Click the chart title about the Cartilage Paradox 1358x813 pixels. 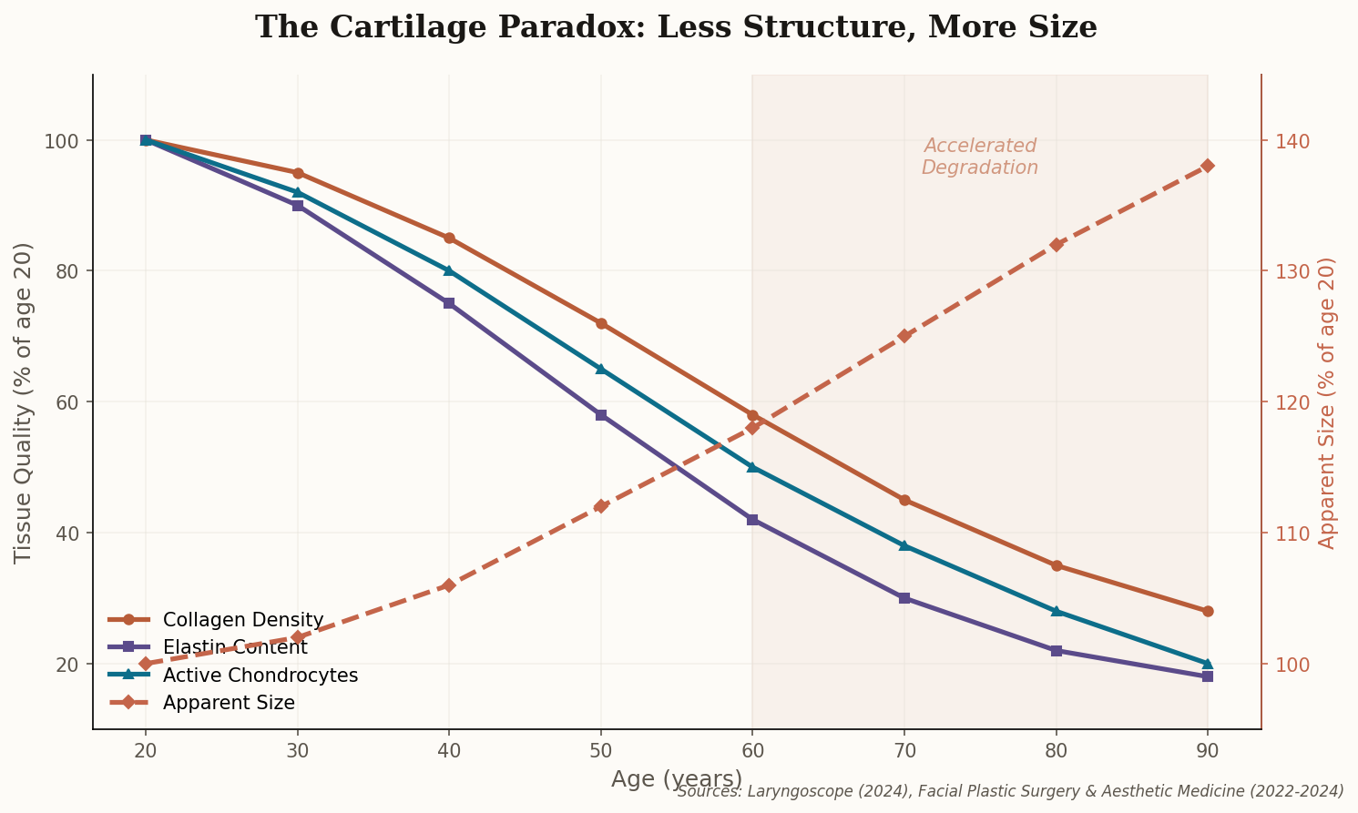(x=676, y=27)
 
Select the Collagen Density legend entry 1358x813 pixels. (x=242, y=620)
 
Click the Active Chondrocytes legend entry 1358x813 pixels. (x=260, y=676)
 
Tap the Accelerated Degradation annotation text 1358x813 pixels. (x=980, y=157)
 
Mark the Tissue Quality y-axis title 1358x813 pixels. (x=25, y=402)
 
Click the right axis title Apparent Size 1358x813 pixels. (x=1327, y=402)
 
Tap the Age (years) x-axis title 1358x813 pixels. (x=676, y=779)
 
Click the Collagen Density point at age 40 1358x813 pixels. (x=449, y=239)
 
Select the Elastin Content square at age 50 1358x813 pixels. (x=601, y=415)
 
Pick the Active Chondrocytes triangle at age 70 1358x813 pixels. (x=904, y=545)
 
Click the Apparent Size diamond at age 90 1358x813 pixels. (x=1208, y=166)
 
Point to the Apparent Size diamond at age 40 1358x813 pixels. (x=449, y=585)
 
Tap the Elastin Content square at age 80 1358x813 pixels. (x=1057, y=651)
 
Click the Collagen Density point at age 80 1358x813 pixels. (x=1057, y=565)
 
